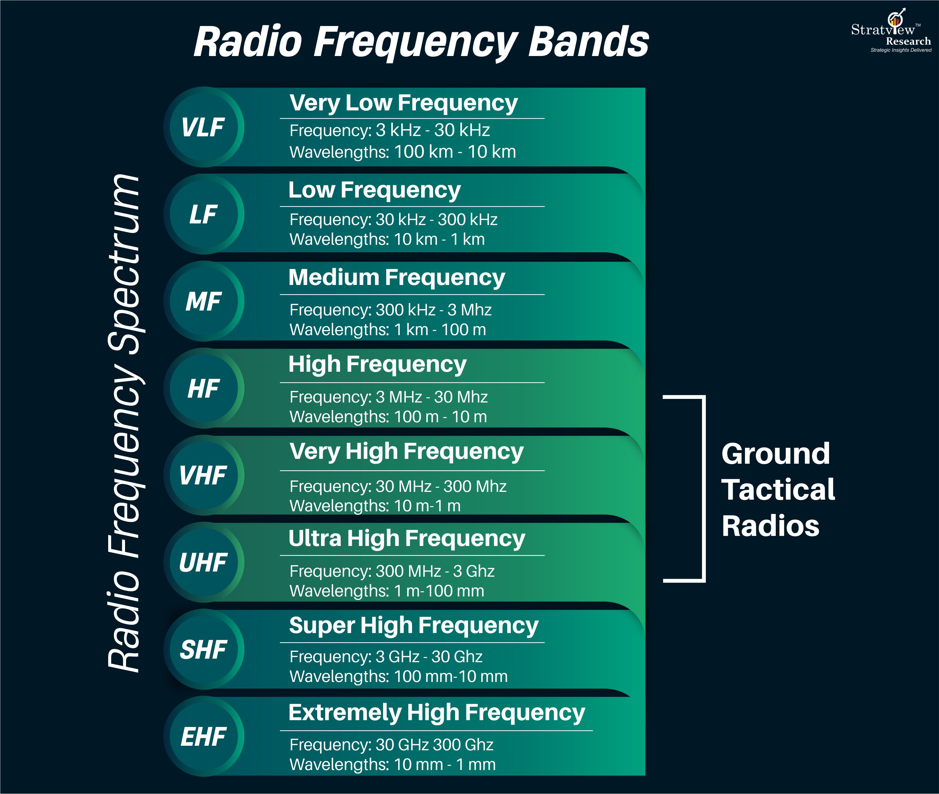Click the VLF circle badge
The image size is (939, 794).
203,127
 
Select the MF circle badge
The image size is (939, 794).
203,301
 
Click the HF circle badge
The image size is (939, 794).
203,388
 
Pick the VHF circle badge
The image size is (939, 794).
203,475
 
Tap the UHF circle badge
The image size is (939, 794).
203,562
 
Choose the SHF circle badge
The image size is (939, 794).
203,649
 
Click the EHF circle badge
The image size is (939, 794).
203,736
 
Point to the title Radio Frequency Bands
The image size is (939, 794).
421,41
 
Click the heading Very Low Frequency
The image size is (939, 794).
403,103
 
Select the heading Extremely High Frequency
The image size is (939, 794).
436,712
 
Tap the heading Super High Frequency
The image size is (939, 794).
413,626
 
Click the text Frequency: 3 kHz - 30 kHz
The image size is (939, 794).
389,130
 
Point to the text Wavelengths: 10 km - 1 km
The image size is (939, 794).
387,239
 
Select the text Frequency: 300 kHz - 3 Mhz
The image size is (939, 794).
390,310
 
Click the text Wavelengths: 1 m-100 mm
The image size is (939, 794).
386,591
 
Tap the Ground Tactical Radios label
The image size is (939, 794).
777,489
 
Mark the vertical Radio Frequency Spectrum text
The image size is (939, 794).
124,423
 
